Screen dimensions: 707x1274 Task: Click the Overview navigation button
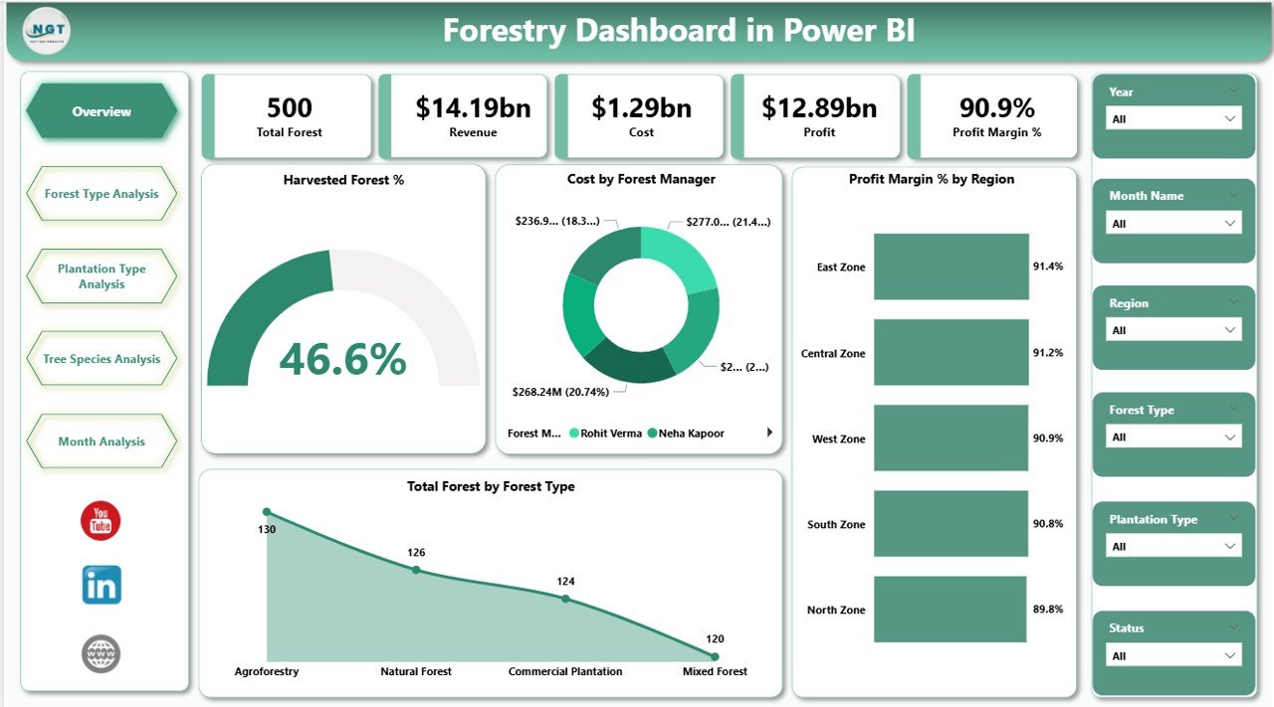click(x=102, y=111)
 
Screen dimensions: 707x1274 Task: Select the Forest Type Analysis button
click(x=102, y=194)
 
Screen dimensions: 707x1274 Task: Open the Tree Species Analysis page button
click(x=102, y=359)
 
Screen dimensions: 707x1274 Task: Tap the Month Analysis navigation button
click(x=102, y=442)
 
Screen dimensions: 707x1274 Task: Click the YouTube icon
click(x=101, y=521)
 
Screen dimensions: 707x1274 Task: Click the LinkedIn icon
click(x=102, y=586)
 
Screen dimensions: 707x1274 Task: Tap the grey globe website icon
click(x=101, y=653)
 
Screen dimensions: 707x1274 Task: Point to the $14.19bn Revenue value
click(x=473, y=107)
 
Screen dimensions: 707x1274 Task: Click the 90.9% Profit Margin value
click(x=996, y=107)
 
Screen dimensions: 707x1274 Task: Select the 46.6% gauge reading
click(x=343, y=359)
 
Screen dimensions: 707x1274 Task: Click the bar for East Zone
click(x=951, y=266)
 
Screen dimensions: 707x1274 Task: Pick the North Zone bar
click(x=951, y=610)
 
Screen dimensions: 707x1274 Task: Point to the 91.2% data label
click(x=1047, y=353)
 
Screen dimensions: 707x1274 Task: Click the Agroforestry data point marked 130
click(x=266, y=512)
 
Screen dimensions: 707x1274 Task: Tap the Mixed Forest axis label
click(x=715, y=671)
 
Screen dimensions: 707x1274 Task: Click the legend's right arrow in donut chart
click(x=769, y=433)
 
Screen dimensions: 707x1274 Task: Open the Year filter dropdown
click(x=1173, y=118)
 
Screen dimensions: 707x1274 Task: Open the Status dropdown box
click(x=1173, y=655)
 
